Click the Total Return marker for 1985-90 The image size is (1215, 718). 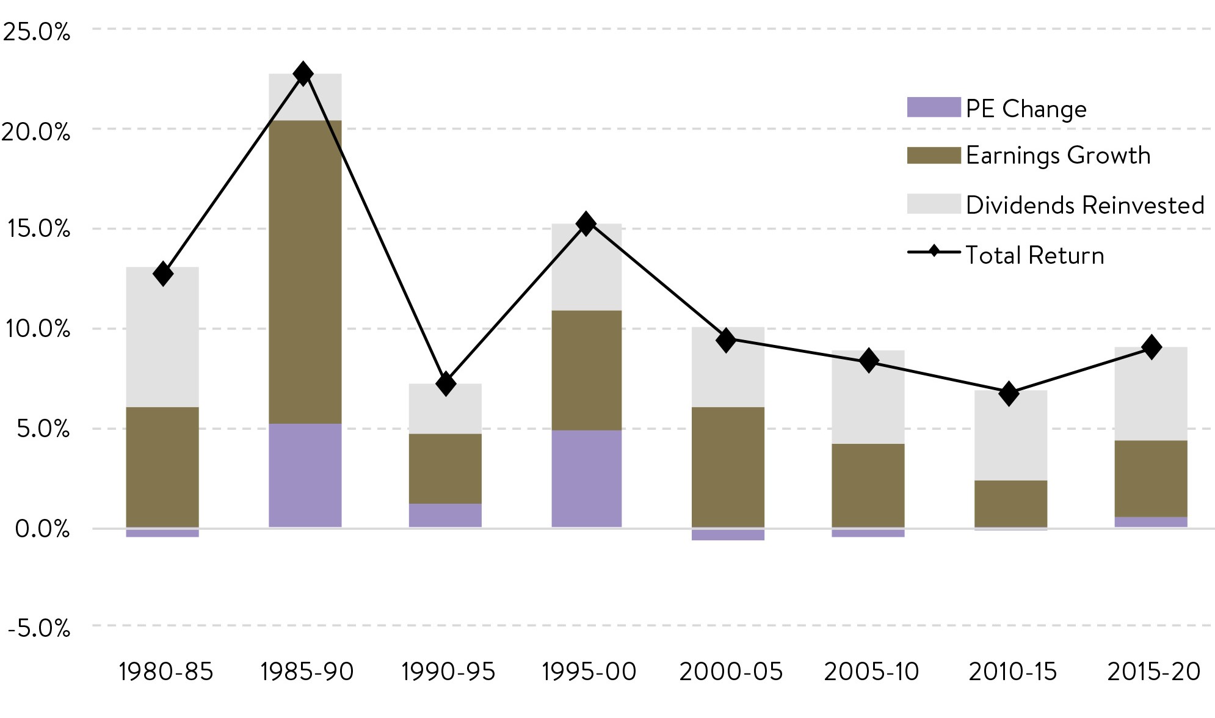pyautogui.click(x=303, y=74)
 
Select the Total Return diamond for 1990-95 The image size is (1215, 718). pyautogui.click(x=446, y=383)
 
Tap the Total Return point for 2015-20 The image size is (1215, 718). pyautogui.click(x=1152, y=347)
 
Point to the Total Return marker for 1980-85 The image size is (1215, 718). pyautogui.click(x=163, y=274)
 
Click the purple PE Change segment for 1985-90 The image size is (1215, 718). pyautogui.click(x=305, y=475)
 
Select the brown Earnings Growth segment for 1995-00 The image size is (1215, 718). pyautogui.click(x=587, y=370)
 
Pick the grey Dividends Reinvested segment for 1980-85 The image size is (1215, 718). pyautogui.click(x=162, y=337)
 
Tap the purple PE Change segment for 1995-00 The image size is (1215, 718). pyautogui.click(x=587, y=478)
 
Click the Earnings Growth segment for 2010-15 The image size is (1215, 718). pyautogui.click(x=1010, y=504)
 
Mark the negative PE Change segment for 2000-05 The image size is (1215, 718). pyautogui.click(x=728, y=535)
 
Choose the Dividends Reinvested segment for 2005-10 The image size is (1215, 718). pyautogui.click(x=868, y=397)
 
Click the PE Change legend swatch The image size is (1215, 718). pyautogui.click(x=934, y=107)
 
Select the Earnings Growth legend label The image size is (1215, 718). pyautogui.click(x=1058, y=156)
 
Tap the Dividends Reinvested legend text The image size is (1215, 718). pyautogui.click(x=1085, y=205)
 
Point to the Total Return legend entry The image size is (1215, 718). pyautogui.click(x=1034, y=255)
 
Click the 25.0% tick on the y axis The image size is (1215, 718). pyautogui.click(x=37, y=32)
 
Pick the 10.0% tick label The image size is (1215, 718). pyautogui.click(x=37, y=329)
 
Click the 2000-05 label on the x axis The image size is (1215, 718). pyautogui.click(x=731, y=672)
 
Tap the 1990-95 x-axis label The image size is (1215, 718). pyautogui.click(x=448, y=672)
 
